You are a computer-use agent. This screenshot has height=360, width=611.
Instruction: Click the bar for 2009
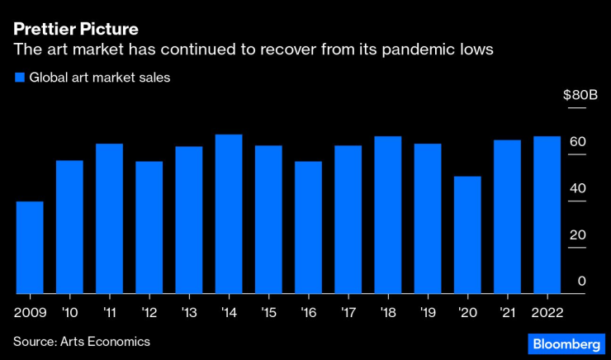[30, 248]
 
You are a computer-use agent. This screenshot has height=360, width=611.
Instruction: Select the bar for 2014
[229, 214]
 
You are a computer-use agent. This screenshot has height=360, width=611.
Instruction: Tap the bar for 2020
[467, 235]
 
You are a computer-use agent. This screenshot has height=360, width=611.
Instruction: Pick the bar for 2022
[547, 215]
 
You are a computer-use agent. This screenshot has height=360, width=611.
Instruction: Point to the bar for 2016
[308, 227]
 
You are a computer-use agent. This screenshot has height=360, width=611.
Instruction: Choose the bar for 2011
[109, 219]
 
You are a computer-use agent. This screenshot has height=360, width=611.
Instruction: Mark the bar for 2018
[387, 215]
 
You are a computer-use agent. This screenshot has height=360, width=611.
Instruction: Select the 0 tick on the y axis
[582, 282]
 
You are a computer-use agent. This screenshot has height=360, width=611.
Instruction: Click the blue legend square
[19, 78]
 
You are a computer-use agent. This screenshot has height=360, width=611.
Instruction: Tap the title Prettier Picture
[75, 30]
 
